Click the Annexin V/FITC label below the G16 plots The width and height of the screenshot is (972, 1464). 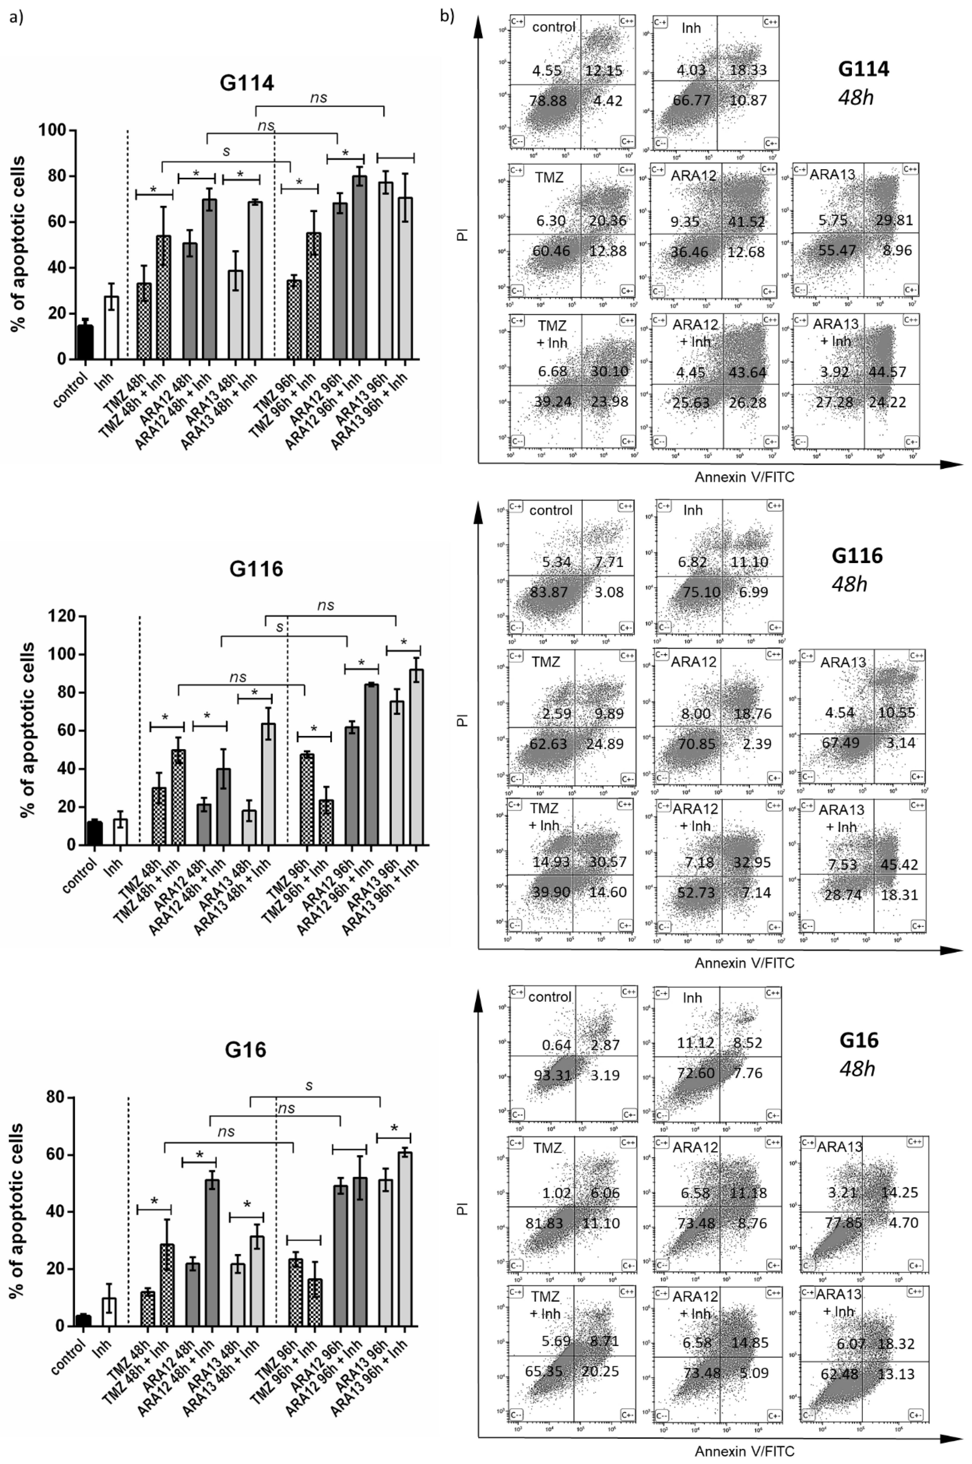(x=744, y=1451)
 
